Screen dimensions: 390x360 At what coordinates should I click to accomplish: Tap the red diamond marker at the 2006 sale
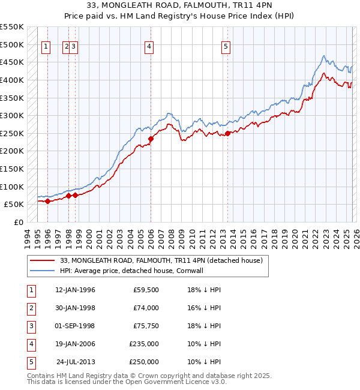pos(151,139)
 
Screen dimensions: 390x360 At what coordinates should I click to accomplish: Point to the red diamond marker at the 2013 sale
pos(227,133)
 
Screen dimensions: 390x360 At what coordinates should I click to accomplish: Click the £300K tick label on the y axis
pos(11,115)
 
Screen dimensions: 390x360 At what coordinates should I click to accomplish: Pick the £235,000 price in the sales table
pos(144,344)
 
